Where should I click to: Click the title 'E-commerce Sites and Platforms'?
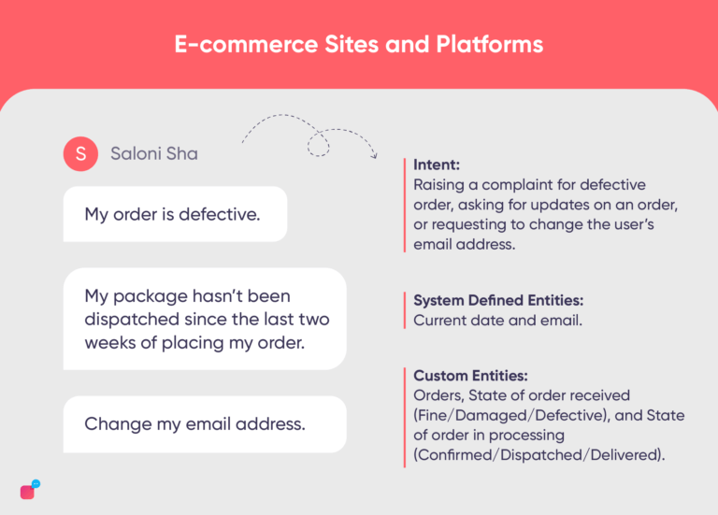[358, 44]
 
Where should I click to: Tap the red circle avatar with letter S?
[80, 153]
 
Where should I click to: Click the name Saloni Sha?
[154, 153]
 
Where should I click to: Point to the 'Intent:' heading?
[436, 165]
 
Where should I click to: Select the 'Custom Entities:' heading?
[464, 375]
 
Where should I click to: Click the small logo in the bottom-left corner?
[29, 491]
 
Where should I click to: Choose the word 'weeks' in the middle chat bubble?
[109, 343]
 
